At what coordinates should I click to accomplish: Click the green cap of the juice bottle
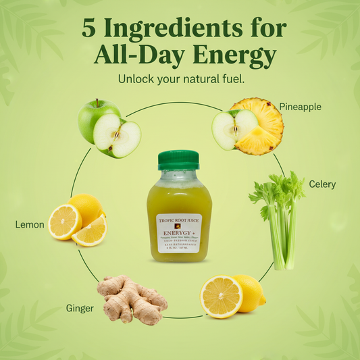click(x=178, y=160)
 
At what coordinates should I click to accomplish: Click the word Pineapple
click(x=300, y=107)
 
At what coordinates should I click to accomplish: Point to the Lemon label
click(x=30, y=224)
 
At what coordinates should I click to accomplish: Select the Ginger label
click(x=80, y=308)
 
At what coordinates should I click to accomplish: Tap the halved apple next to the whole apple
click(x=118, y=134)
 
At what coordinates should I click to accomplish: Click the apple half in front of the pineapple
click(x=226, y=129)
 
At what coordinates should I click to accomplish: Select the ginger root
click(x=132, y=301)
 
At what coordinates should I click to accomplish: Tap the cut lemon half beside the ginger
click(x=221, y=297)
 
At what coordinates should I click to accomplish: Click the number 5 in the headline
click(x=88, y=28)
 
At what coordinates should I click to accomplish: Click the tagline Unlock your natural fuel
click(x=180, y=79)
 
